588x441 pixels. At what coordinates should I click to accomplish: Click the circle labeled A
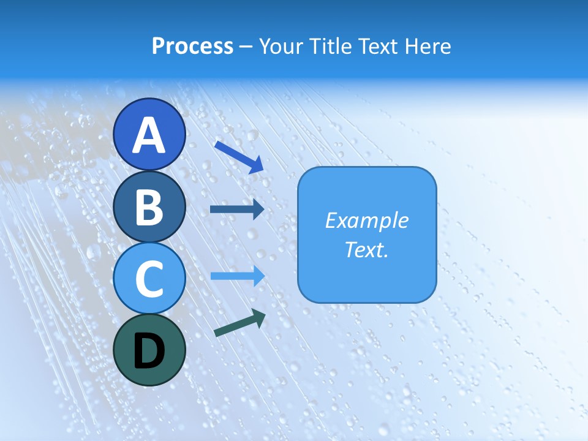[x=149, y=135]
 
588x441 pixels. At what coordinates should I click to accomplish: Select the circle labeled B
[x=149, y=206]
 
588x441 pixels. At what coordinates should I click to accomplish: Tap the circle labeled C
[x=149, y=278]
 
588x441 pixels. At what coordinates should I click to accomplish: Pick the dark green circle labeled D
[x=149, y=350]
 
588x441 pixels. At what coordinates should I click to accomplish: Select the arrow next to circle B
[x=237, y=209]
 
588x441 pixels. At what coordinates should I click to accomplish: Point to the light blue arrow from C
[x=237, y=276]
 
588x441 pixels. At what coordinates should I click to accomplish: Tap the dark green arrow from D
[x=239, y=323]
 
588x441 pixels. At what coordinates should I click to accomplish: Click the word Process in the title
[x=192, y=46]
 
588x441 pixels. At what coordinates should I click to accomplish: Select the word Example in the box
[x=366, y=221]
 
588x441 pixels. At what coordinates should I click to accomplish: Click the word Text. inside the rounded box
[x=366, y=249]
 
